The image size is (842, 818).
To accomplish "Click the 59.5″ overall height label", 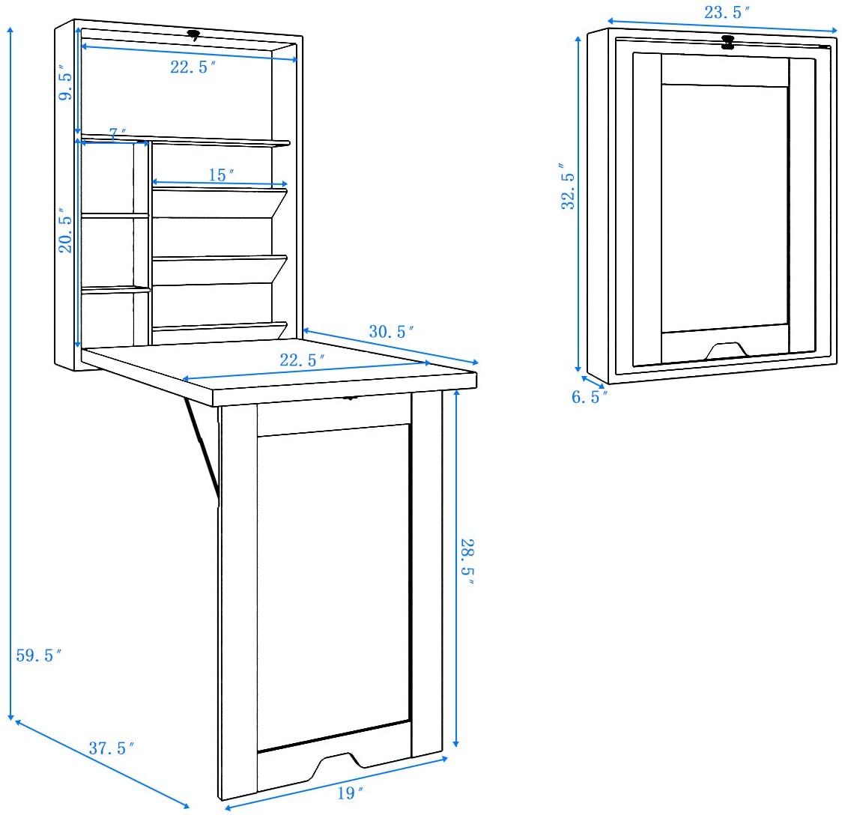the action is coord(39,655).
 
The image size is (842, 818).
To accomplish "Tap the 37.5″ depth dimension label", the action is coord(111,748).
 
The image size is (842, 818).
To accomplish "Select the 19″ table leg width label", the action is coord(350,793).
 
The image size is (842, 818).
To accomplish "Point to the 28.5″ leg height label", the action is coord(467,562).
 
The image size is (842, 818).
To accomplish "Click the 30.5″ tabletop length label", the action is coord(391,331).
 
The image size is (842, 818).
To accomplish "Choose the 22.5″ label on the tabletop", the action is coord(302,360).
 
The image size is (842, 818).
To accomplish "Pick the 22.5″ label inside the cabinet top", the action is coord(193,67).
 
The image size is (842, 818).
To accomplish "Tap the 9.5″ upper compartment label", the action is coord(65,82).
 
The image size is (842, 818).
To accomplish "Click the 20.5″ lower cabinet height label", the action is coord(65,231).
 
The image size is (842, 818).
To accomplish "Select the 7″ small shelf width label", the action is coord(118,133).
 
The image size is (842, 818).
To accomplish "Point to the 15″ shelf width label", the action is coord(221,175).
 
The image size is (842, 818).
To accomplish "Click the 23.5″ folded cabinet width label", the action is coord(727,12).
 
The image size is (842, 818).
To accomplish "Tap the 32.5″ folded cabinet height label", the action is coord(568,187).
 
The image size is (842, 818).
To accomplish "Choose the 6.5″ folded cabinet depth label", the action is coord(589,397).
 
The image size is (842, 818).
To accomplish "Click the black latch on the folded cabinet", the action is coord(727,43).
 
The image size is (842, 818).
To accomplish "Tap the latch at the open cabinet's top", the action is coord(194,35).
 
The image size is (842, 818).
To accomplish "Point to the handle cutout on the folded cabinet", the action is coord(725,350).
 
